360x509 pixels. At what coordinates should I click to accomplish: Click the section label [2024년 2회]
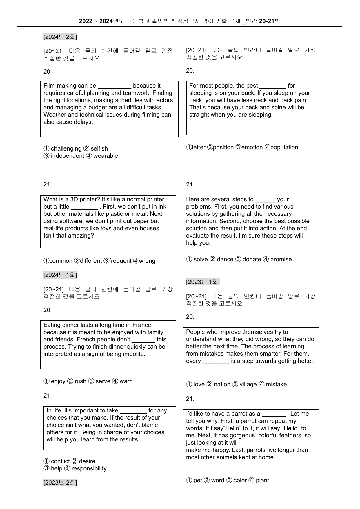coord(60,37)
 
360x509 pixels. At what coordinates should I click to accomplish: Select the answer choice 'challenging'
coord(66,148)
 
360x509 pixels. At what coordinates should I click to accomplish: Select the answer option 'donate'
coord(252,259)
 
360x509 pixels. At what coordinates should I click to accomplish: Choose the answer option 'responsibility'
coord(89,468)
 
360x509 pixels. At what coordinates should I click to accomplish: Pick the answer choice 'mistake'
coord(276,384)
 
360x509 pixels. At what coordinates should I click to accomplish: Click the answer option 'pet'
coord(197,480)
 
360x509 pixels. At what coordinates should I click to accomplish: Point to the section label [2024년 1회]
coord(60,275)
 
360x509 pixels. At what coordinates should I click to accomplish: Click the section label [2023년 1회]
coord(203,282)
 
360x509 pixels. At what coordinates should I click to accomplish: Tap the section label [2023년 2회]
coord(60,483)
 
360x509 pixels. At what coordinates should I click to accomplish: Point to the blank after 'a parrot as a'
coord(273,414)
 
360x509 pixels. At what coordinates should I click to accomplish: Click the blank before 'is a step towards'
coord(216,361)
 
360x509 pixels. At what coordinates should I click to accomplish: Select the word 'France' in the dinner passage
coord(141,325)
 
